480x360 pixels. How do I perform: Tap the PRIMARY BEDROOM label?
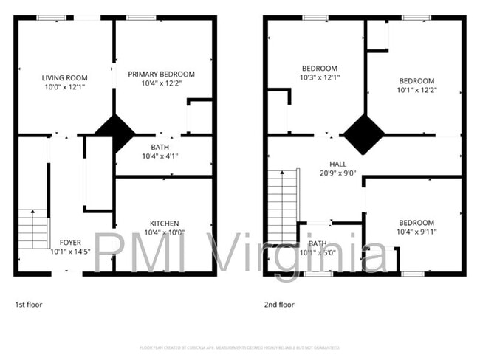(161, 74)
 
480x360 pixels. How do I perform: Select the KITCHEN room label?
(164, 223)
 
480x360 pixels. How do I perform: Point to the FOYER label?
(70, 242)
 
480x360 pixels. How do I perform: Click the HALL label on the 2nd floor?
(337, 164)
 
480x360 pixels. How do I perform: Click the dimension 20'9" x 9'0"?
(338, 173)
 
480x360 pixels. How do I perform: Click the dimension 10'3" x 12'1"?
(319, 77)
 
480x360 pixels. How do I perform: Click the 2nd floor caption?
(280, 304)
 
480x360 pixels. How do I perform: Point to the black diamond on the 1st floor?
(114, 132)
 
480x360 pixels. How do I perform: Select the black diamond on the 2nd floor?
(363, 134)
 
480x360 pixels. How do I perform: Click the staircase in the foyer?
(32, 229)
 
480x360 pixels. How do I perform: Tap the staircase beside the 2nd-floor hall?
(282, 207)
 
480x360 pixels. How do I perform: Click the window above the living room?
(50, 18)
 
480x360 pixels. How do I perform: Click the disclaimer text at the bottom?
(240, 347)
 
